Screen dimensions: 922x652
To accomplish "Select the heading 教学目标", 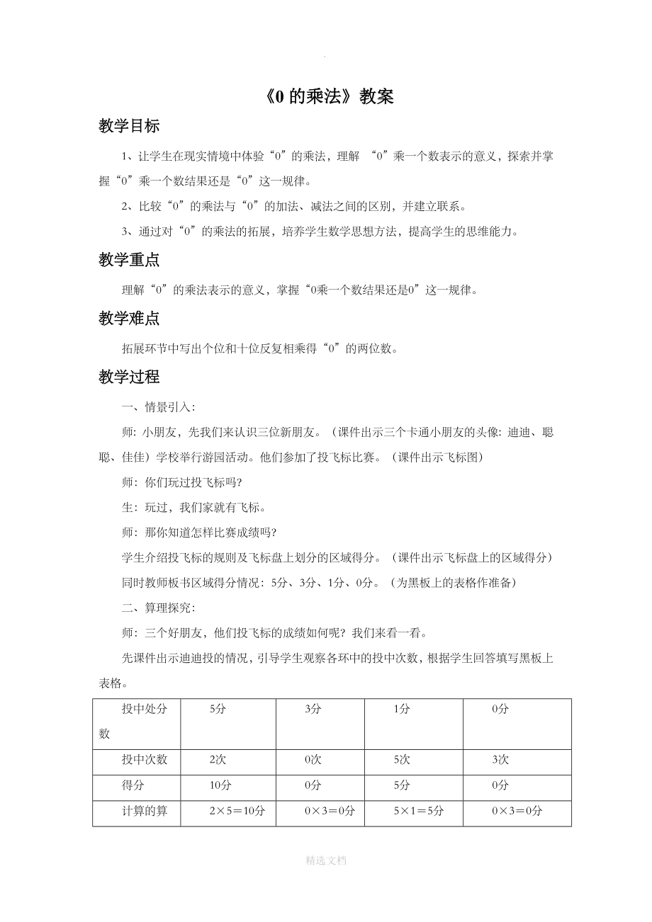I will pyautogui.click(x=129, y=126).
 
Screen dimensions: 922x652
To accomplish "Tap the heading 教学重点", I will pyautogui.click(x=129, y=261).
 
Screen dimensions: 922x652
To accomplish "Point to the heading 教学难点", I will pyautogui.click(x=129, y=319).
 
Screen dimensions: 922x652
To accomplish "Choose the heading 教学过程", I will pyautogui.click(x=129, y=377).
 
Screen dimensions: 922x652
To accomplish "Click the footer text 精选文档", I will pyautogui.click(x=326, y=860).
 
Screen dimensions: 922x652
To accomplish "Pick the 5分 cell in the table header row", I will pyautogui.click(x=218, y=710).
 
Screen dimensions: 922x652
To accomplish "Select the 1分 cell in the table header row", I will pyautogui.click(x=401, y=710).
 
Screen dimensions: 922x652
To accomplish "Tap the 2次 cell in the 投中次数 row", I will pyautogui.click(x=218, y=760).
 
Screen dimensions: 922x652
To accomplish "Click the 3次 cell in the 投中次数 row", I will pyautogui.click(x=500, y=760).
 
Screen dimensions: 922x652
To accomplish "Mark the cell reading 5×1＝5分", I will pyautogui.click(x=418, y=812).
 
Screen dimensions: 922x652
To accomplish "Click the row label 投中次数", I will pyautogui.click(x=145, y=760).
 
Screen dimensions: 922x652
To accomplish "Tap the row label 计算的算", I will pyautogui.click(x=145, y=812).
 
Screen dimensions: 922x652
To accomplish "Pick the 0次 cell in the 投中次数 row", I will pyautogui.click(x=313, y=760).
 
